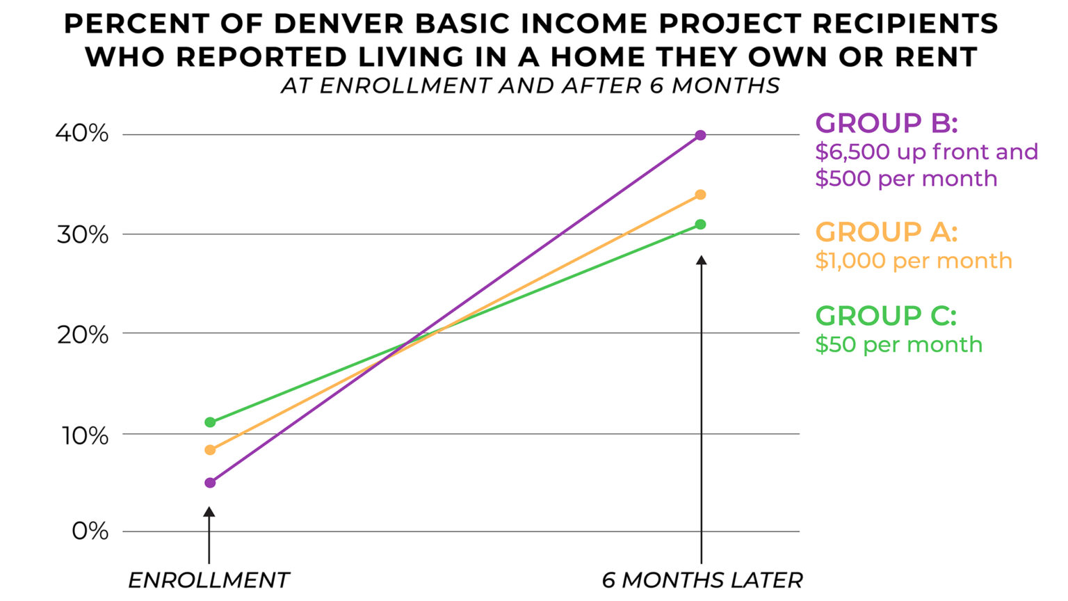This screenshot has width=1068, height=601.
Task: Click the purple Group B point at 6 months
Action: [700, 135]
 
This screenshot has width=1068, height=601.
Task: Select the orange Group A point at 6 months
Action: [700, 195]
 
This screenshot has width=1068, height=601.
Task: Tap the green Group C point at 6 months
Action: [700, 224]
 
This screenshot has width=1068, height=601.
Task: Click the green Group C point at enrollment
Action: [210, 422]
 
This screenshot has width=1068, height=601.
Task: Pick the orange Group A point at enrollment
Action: [210, 450]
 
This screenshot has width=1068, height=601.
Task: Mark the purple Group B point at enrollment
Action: [210, 483]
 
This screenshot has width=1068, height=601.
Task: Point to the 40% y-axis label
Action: [82, 134]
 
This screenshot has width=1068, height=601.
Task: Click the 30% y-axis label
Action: [82, 234]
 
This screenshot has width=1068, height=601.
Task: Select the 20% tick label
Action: [82, 335]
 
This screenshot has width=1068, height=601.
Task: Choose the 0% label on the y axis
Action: [90, 531]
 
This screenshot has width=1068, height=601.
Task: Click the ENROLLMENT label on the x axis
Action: [209, 580]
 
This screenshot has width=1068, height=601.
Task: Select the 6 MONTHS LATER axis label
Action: [702, 580]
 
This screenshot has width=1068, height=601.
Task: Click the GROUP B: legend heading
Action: [887, 123]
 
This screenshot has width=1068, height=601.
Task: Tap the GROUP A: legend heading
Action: [887, 232]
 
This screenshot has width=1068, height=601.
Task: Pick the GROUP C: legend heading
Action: [886, 316]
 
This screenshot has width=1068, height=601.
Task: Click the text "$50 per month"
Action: [898, 344]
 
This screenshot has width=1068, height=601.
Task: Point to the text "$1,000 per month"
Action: [914, 261]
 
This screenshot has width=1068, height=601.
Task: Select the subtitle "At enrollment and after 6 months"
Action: [531, 86]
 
